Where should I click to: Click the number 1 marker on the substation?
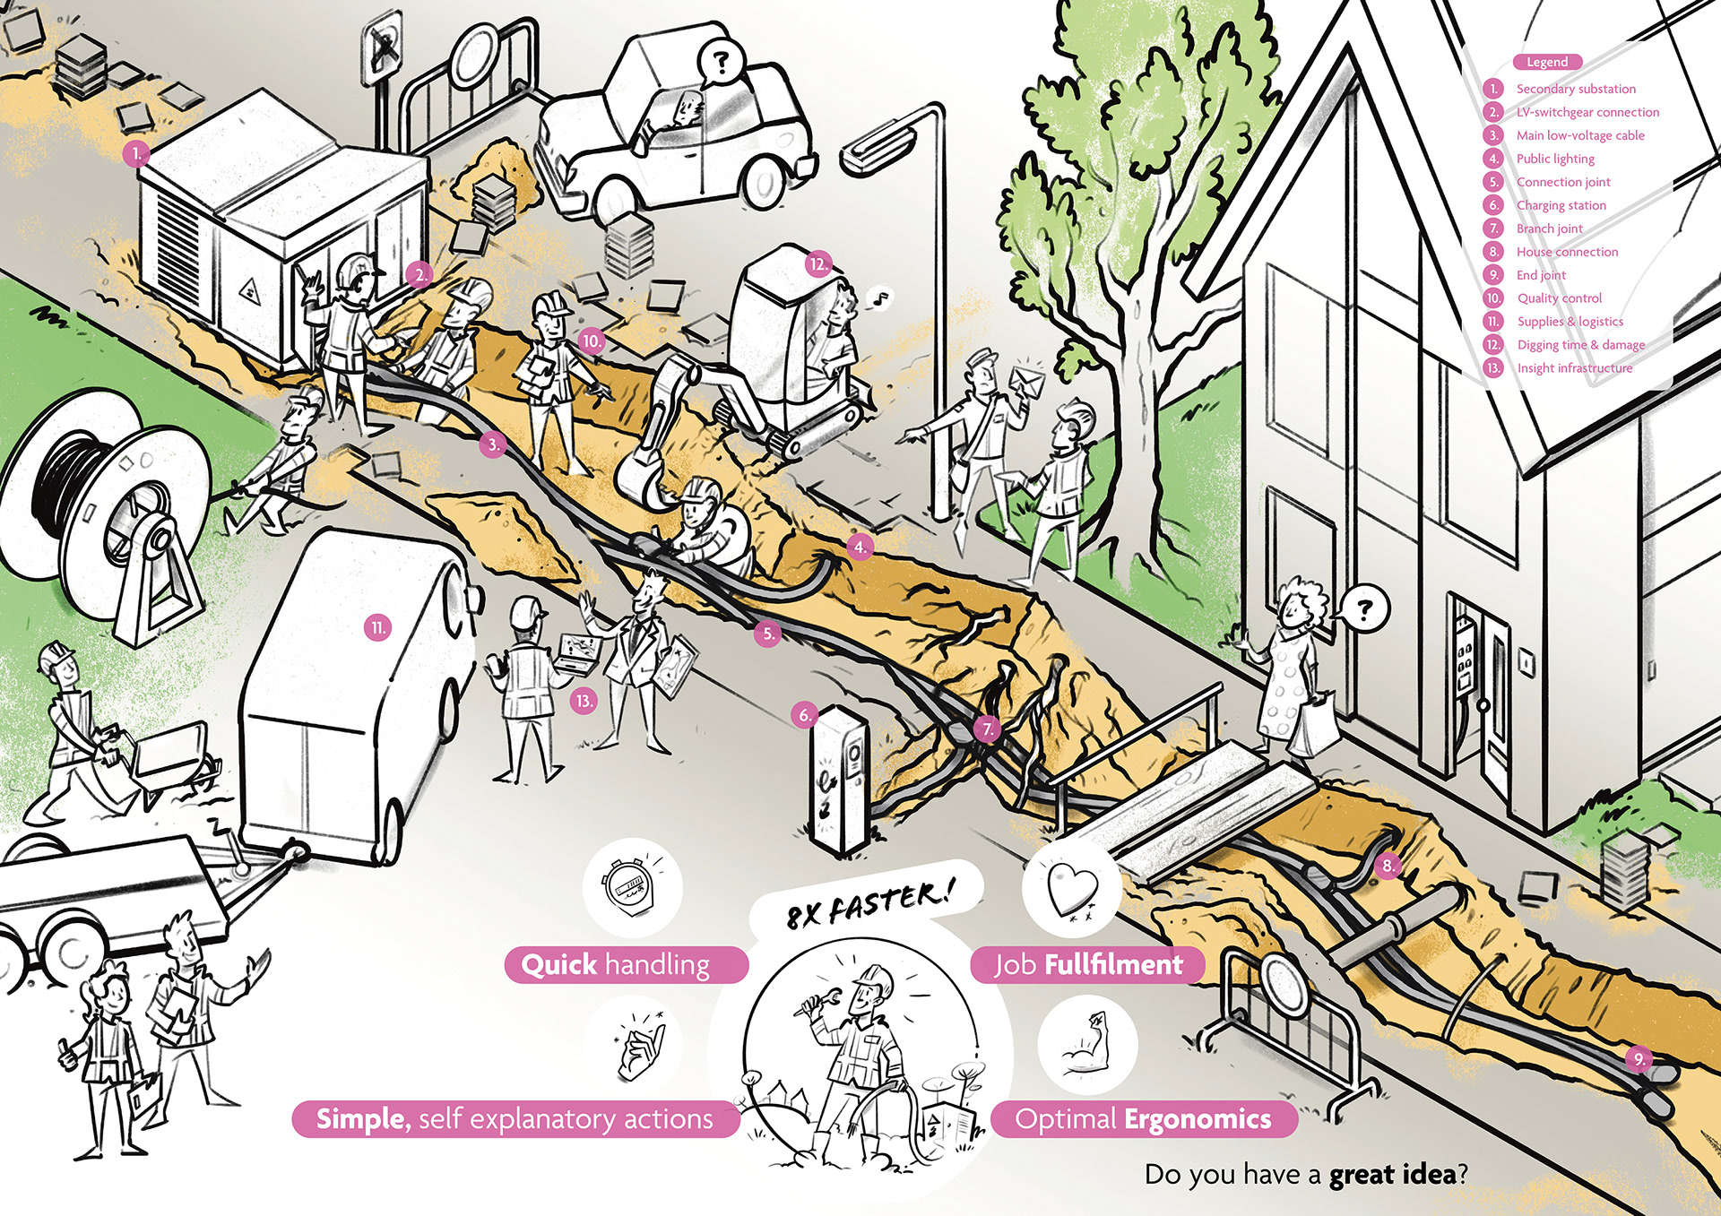pyautogui.click(x=135, y=154)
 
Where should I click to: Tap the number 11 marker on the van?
pyautogui.click(x=378, y=627)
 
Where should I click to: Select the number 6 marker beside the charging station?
pyautogui.click(x=804, y=714)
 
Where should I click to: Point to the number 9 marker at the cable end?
pyautogui.click(x=1639, y=1059)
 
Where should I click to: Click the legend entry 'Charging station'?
pyautogui.click(x=1561, y=205)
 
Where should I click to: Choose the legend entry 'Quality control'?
pyautogui.click(x=1559, y=298)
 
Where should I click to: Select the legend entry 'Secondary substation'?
pyautogui.click(x=1575, y=89)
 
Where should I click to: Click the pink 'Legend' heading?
pyautogui.click(x=1547, y=62)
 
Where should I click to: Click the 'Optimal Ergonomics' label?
pyautogui.click(x=1143, y=1119)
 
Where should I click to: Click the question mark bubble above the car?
pyautogui.click(x=720, y=62)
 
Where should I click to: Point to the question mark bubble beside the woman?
pyautogui.click(x=1363, y=609)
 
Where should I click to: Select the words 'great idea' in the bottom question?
pyautogui.click(x=1392, y=1175)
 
